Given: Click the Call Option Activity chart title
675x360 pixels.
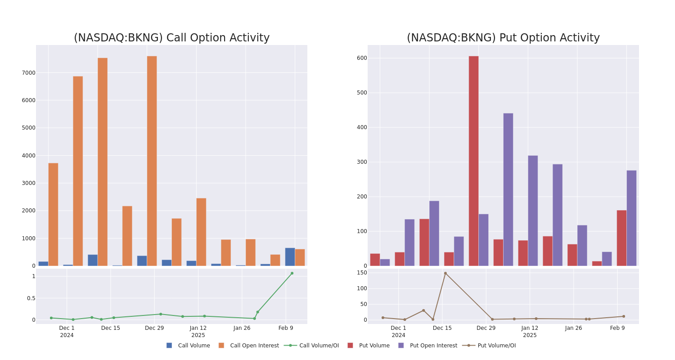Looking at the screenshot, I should (x=171, y=38).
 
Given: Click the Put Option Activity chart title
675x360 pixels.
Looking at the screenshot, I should (x=503, y=38).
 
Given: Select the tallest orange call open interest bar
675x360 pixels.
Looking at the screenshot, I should (x=152, y=161).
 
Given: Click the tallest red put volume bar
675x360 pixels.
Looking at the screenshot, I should (x=473, y=161).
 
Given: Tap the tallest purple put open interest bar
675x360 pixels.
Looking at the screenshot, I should (x=508, y=189).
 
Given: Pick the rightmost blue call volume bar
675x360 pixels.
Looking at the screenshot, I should (x=290, y=257).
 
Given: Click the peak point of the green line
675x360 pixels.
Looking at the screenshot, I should (x=292, y=273).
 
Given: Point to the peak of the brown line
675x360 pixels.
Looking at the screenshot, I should (x=445, y=273).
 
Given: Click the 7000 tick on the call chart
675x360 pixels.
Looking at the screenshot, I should (x=28, y=73).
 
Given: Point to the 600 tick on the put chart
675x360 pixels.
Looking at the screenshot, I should (x=362, y=58).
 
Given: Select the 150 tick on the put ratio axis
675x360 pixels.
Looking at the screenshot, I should (x=362, y=273).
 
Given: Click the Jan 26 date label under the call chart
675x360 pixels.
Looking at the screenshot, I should (x=242, y=328).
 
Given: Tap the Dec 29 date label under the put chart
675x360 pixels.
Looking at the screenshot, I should (x=486, y=328).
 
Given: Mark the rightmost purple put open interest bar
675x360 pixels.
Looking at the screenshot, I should (x=631, y=218).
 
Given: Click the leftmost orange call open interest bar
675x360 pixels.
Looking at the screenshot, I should (x=53, y=214).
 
